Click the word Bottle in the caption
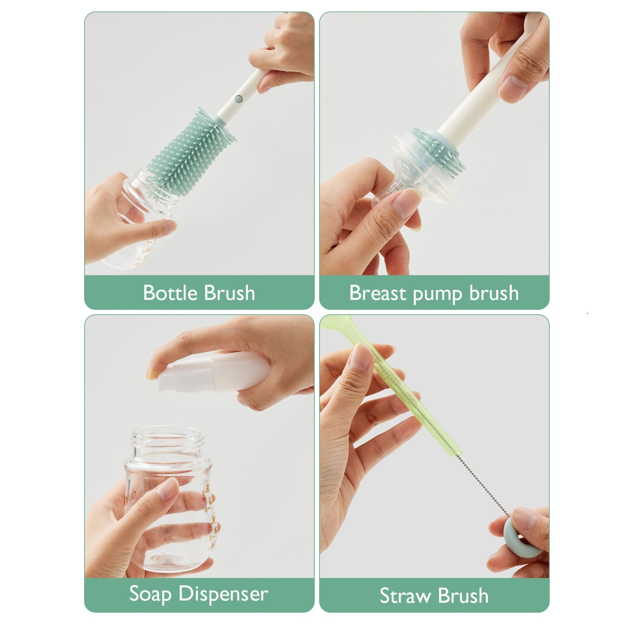[x=170, y=293]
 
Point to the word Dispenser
[x=223, y=594]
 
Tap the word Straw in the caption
[x=406, y=596]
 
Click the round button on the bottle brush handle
[x=239, y=99]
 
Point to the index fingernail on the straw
[x=361, y=356]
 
